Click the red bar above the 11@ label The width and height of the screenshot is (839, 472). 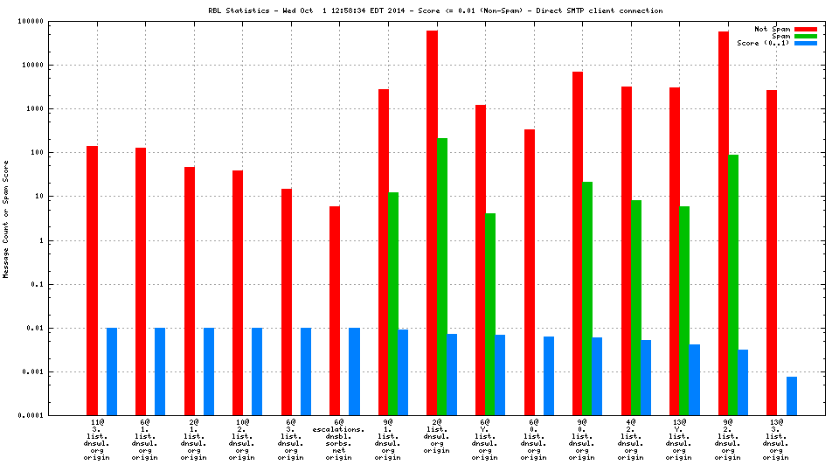(x=92, y=280)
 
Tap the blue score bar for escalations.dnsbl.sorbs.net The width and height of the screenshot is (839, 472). (x=354, y=371)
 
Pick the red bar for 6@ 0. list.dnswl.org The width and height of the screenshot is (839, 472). (x=530, y=272)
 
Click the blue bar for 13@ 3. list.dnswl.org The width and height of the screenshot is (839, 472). (x=792, y=396)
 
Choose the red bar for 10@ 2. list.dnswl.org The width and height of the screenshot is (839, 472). (x=238, y=293)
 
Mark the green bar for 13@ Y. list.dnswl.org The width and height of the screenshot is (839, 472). (x=685, y=310)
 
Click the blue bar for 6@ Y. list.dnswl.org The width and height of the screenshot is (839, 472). (x=500, y=375)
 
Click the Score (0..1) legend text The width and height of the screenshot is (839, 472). (x=763, y=43)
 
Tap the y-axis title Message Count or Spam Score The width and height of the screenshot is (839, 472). (x=7, y=219)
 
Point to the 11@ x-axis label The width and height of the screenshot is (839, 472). (x=97, y=422)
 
